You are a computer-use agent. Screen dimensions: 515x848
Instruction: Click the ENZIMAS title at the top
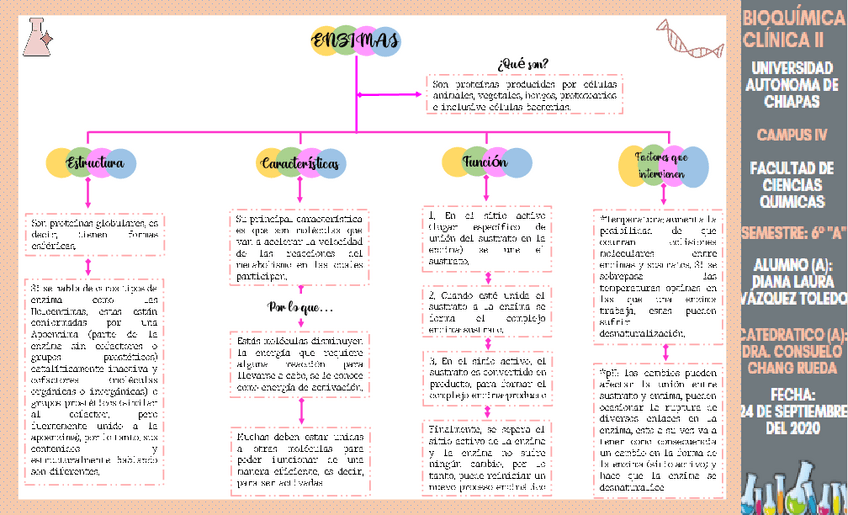[x=355, y=41]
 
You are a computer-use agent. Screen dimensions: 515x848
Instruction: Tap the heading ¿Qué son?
[x=522, y=63]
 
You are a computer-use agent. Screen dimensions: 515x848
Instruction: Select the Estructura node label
[x=95, y=162]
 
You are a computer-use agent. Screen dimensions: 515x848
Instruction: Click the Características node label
[x=300, y=162]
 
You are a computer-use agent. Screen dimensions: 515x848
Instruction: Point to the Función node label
[x=485, y=162]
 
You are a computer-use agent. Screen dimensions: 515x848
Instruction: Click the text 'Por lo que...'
[x=300, y=306]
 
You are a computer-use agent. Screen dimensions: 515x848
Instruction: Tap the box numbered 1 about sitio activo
[x=486, y=239]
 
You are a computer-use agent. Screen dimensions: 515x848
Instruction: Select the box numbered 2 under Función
[x=486, y=309]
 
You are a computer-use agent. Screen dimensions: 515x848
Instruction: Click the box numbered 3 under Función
[x=486, y=377]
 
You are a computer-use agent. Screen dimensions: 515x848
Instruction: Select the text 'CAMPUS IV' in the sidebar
[x=793, y=134]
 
